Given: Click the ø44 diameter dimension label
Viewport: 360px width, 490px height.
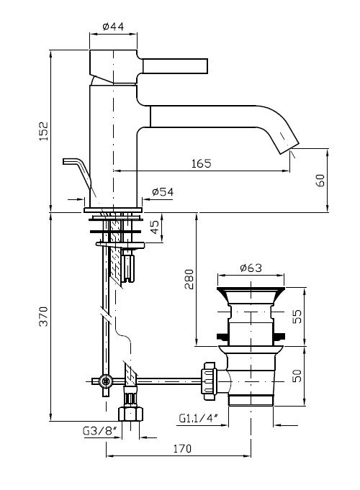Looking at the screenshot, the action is (113, 26).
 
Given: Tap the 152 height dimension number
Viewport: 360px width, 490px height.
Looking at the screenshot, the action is (44, 131).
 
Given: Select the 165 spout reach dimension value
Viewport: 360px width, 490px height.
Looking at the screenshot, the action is (202, 163).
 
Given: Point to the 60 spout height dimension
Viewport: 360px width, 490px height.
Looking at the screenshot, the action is (320, 181).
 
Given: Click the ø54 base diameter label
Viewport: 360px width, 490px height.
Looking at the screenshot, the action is (163, 192).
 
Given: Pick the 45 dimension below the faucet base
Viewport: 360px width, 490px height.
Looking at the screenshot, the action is (155, 227).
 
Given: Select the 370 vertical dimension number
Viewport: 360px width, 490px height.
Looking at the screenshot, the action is (43, 317).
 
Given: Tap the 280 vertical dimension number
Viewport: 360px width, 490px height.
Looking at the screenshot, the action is (189, 279).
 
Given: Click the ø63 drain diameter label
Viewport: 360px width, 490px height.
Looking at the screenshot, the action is (251, 268).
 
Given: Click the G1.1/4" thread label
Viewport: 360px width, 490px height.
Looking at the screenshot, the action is (198, 418).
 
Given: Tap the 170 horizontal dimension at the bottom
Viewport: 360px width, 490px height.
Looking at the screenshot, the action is (182, 449).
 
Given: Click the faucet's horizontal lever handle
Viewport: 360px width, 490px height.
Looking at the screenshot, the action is (175, 66).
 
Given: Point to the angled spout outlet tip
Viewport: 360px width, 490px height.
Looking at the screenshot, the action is (289, 148).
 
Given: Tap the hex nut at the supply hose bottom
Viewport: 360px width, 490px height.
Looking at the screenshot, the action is (130, 413).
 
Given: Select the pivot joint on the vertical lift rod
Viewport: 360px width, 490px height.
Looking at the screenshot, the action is (106, 381).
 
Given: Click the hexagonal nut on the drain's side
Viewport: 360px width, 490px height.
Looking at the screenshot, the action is (209, 381).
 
